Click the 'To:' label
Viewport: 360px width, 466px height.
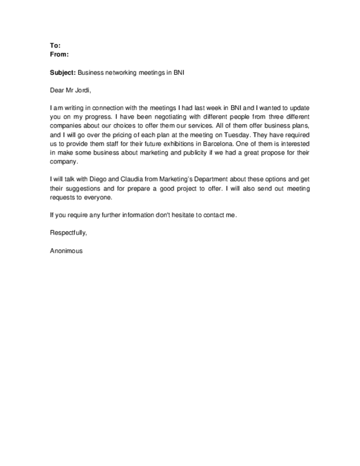[55, 46]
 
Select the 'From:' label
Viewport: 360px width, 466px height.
[59, 54]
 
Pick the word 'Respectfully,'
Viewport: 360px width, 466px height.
[68, 232]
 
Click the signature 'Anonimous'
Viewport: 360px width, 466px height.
[66, 251]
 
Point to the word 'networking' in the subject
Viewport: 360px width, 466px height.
[119, 73]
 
